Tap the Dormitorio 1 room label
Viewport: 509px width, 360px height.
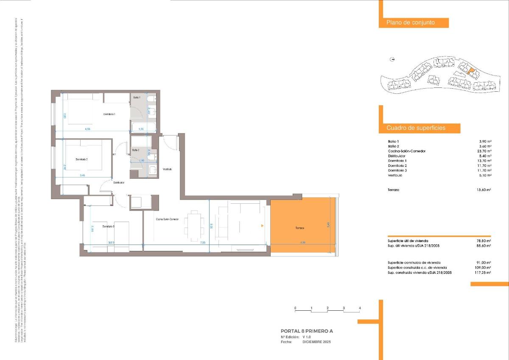(x=109, y=115)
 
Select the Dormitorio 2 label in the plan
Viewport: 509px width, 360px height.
(x=81, y=159)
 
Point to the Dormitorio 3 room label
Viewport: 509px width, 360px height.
(x=109, y=227)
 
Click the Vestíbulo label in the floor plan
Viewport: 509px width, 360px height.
(x=167, y=169)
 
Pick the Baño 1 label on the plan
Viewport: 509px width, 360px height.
(x=137, y=98)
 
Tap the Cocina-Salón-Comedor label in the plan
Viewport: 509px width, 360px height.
(x=167, y=219)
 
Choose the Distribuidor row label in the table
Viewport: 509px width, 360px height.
(x=397, y=156)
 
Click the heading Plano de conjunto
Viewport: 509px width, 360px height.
(x=411, y=23)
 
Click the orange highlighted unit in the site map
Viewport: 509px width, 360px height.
(x=469, y=72)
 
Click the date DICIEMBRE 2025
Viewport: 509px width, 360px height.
(x=316, y=342)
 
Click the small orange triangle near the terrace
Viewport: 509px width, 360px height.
(x=263, y=225)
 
